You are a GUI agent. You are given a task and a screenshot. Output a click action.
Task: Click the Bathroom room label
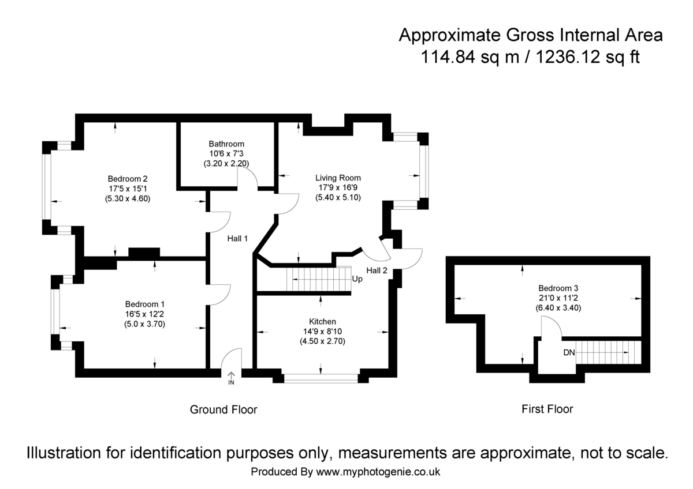coord(226,144)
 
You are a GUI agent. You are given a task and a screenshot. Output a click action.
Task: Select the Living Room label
coord(338,178)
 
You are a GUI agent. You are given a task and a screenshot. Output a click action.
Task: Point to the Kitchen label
coord(322,321)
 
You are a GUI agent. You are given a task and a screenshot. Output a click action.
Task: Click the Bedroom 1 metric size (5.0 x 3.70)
coord(145,324)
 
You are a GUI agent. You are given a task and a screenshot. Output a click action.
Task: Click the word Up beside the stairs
coord(357,279)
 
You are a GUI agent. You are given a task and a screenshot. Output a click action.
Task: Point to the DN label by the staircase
coord(568,352)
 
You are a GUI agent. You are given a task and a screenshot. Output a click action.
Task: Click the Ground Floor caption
coord(223,409)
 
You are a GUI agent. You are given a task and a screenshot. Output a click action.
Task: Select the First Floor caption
coord(547,409)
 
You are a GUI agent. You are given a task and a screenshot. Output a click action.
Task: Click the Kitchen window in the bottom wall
coord(321,378)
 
